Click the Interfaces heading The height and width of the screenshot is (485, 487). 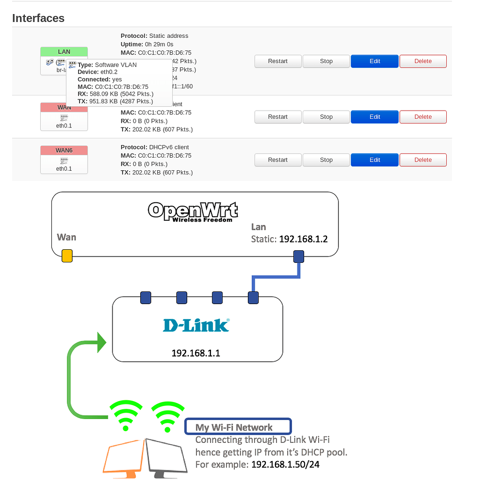coord(38,18)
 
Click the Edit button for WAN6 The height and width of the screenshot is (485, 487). coord(374,160)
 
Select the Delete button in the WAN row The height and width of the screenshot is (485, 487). coord(422,117)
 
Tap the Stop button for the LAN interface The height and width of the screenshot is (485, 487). coord(326,61)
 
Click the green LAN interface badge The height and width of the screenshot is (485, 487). coord(64,52)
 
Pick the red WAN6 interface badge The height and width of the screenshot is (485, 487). coord(64,151)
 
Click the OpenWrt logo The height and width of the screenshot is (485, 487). coord(193,211)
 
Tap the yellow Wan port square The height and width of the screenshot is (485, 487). coord(67,256)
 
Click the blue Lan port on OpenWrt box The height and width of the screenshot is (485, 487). coord(298,256)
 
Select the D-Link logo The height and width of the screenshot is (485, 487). coord(196,325)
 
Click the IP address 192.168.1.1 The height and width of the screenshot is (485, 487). coord(196,353)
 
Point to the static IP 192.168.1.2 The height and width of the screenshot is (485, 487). coord(303,239)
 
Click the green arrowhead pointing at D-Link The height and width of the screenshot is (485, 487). coord(101,342)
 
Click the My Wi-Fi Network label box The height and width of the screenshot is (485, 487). coord(238,427)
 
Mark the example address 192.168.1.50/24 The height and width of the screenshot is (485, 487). coord(285,464)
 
